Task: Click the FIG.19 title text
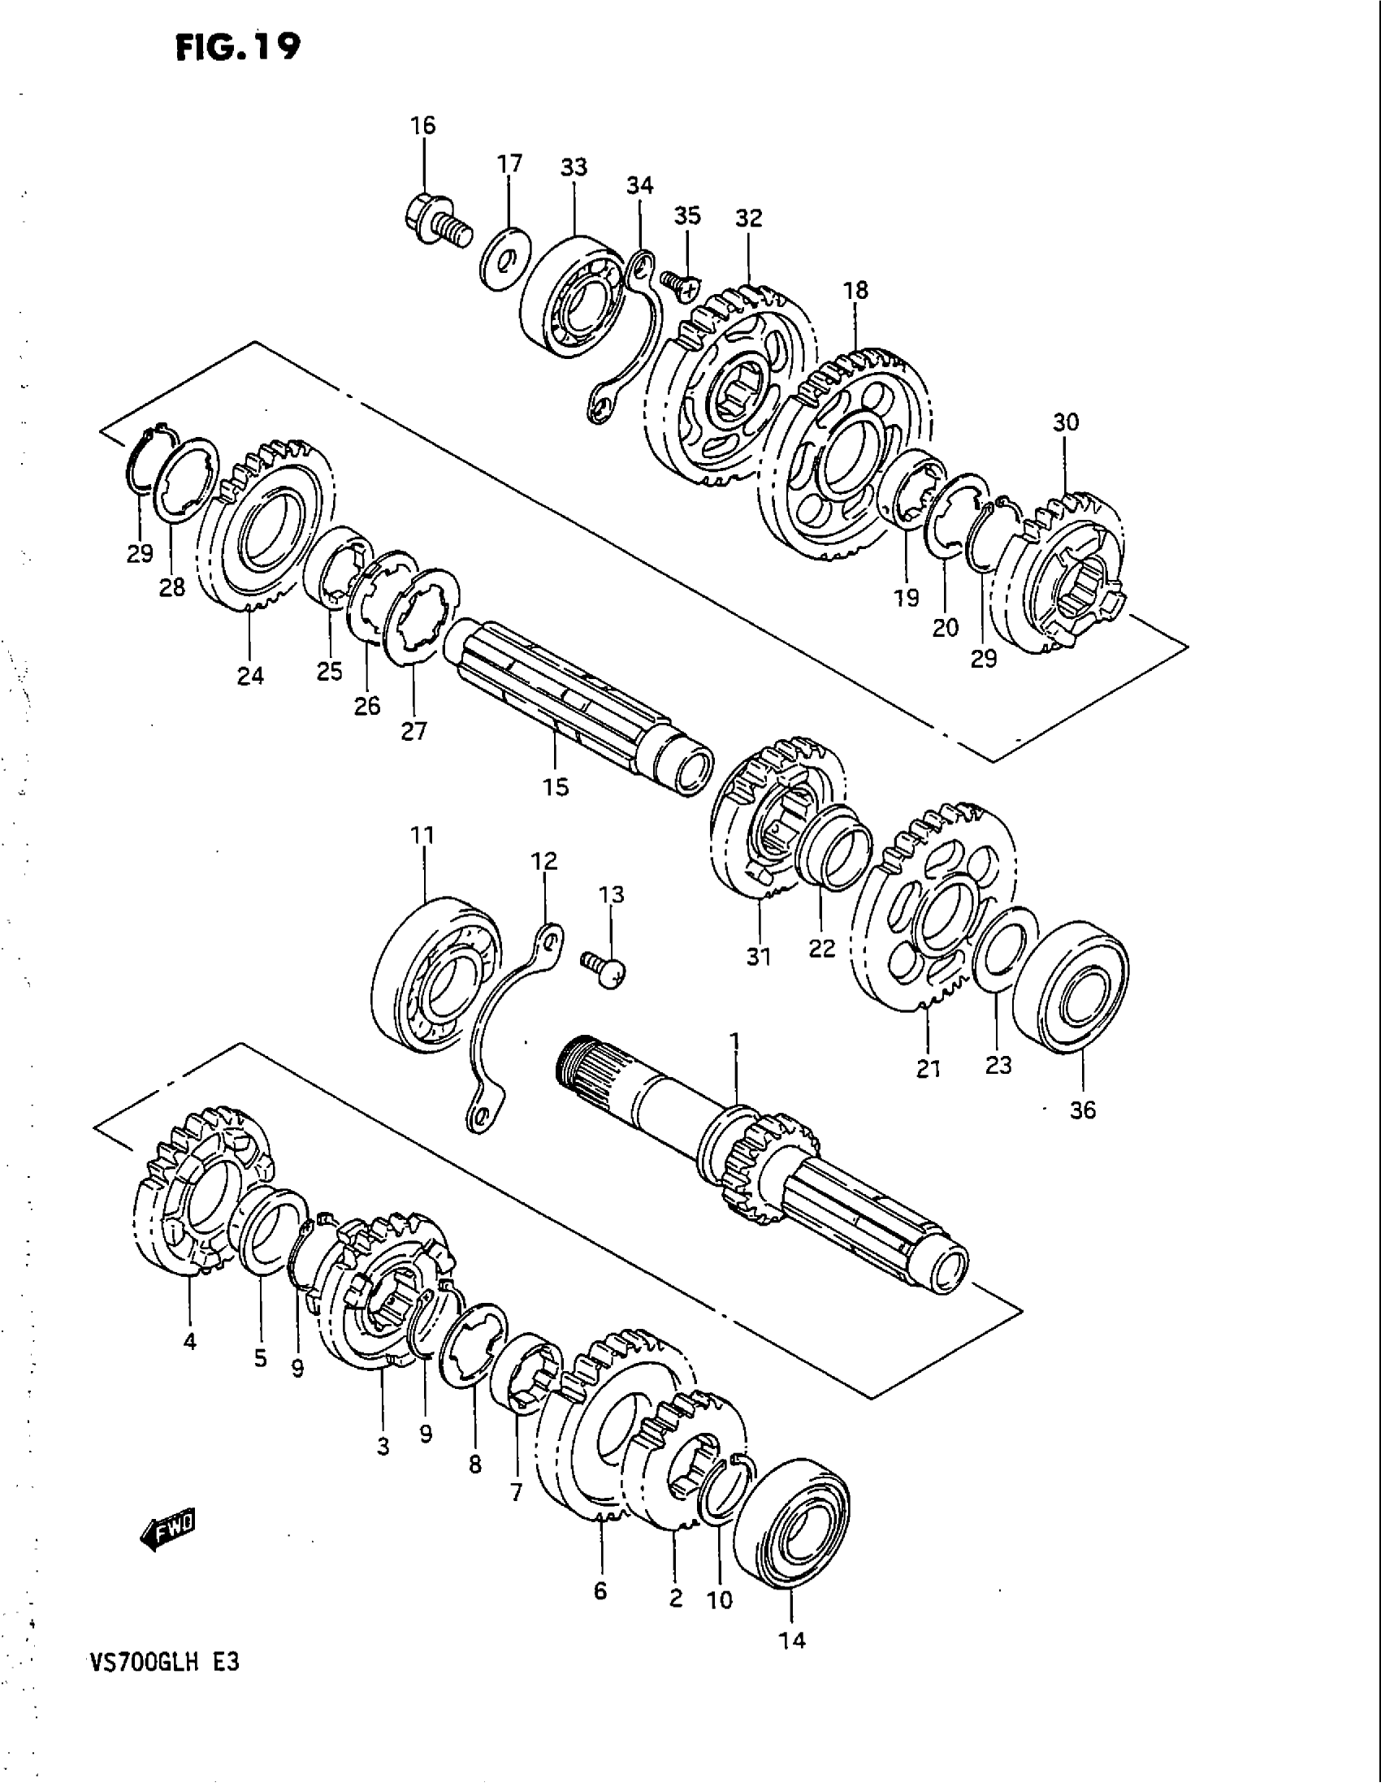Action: pos(238,47)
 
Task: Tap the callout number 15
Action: pos(555,787)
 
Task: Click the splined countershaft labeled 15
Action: pos(573,699)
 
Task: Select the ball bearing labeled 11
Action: pos(435,974)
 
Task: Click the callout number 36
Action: pos(1082,1110)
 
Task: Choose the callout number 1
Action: pos(734,1040)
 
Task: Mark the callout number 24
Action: pos(250,676)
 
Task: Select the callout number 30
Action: pos(1065,422)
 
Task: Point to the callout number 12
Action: pos(544,861)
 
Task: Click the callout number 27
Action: pos(414,731)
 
